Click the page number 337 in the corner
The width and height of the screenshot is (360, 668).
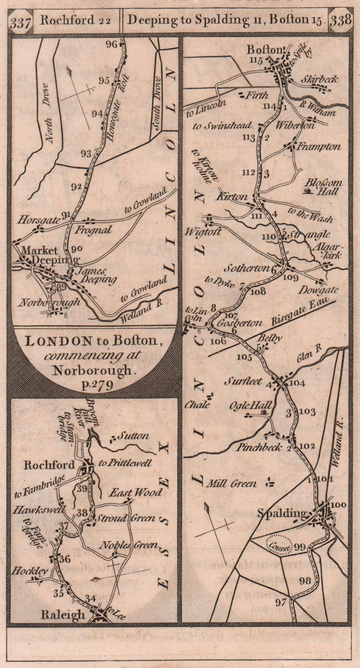click(20, 23)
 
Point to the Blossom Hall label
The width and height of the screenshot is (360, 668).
click(323, 187)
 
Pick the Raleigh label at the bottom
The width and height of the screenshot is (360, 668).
click(63, 615)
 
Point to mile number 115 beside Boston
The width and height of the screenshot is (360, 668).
click(256, 60)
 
